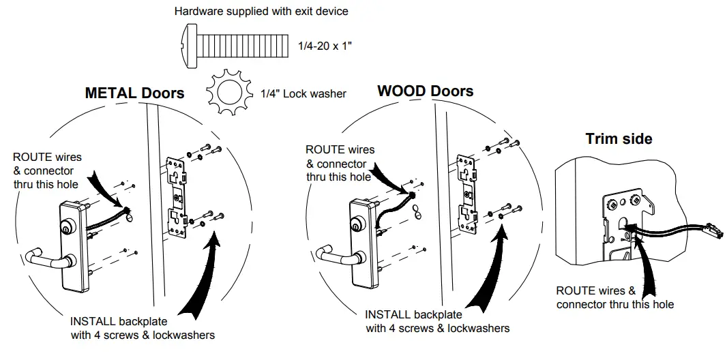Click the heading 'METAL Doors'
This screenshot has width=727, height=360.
(x=134, y=93)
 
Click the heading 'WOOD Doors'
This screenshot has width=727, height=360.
(x=425, y=91)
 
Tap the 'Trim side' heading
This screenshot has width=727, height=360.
(x=619, y=139)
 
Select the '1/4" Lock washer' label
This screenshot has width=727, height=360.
(x=303, y=93)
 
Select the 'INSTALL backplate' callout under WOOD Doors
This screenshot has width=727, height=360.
(x=437, y=321)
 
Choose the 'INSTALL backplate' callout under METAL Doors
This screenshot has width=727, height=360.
(x=143, y=328)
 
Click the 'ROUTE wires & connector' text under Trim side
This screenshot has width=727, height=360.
(x=614, y=297)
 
